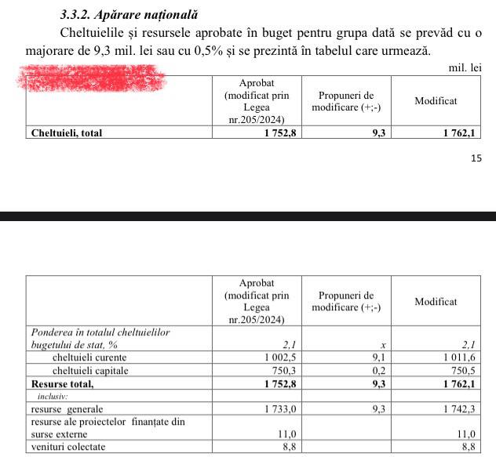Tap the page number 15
476,158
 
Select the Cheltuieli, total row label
67,132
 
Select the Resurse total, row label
62,384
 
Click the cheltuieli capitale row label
89,371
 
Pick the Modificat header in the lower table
436,301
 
